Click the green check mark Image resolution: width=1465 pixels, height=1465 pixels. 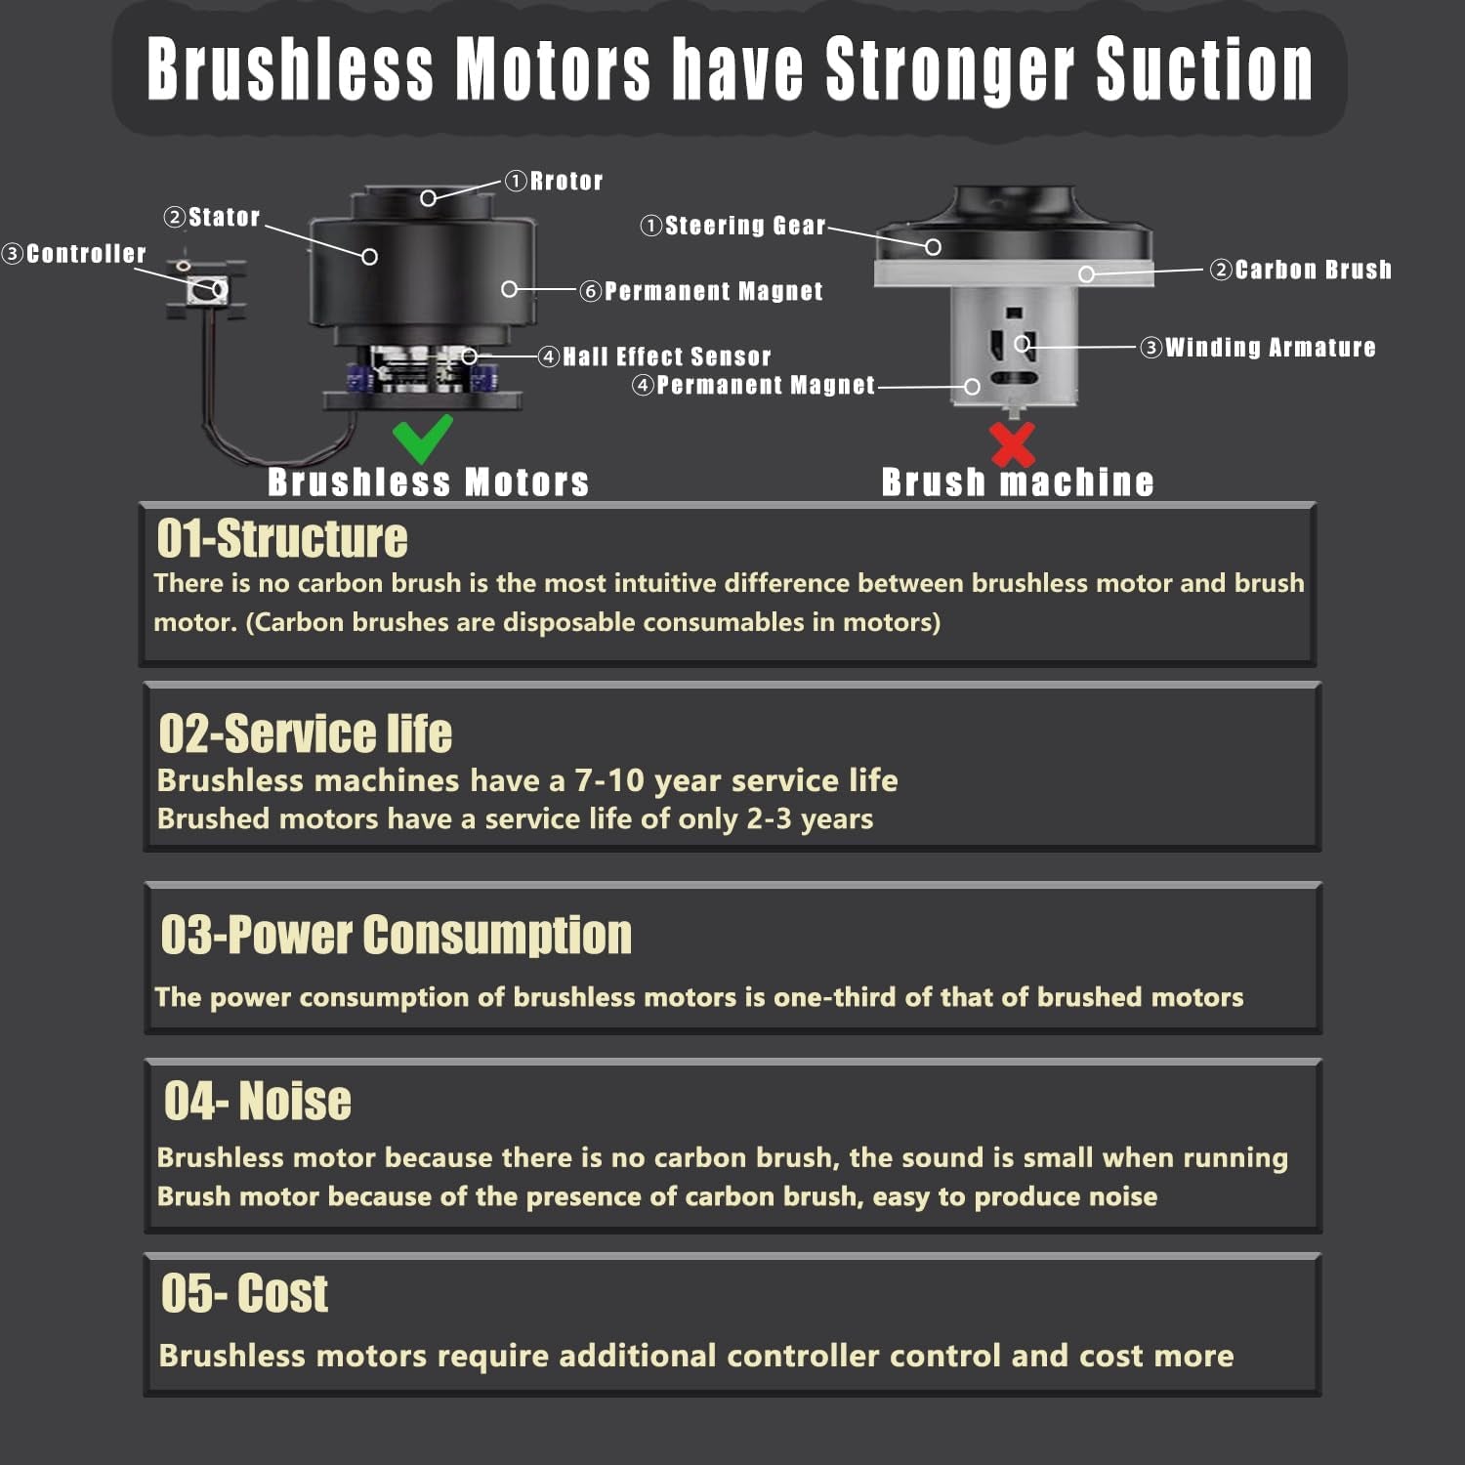422,439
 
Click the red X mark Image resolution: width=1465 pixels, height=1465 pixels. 1013,444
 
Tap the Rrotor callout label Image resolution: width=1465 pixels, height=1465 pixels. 554,181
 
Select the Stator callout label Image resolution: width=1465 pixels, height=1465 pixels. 212,217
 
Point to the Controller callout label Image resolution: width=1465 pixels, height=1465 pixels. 74,254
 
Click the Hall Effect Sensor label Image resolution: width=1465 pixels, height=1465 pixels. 655,356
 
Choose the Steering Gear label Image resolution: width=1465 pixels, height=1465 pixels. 733,226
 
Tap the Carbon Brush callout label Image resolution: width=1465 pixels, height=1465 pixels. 1301,270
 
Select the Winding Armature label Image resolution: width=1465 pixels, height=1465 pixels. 1258,348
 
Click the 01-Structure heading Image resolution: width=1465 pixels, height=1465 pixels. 282,538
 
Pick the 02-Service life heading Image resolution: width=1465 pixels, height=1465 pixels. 306,733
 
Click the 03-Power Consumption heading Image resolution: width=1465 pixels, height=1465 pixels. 397,935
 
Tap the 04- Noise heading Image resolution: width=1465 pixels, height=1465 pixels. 258,1101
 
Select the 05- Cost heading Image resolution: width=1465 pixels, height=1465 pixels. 245,1293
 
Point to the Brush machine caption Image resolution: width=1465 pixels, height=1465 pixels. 1018,482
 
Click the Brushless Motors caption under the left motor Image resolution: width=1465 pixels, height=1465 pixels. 429,482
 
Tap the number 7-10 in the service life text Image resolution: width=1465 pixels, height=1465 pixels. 609,780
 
